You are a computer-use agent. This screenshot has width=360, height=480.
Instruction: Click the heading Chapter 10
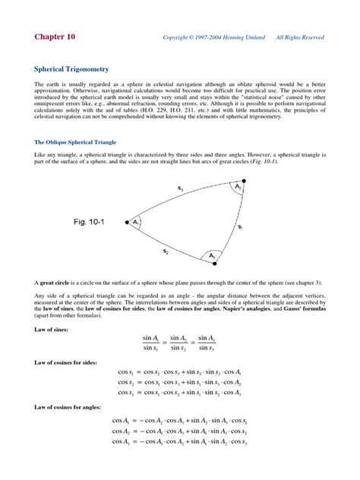(55, 36)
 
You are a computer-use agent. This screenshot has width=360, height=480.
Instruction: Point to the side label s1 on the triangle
(240, 226)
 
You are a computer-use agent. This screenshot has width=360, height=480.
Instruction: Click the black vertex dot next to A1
(126, 223)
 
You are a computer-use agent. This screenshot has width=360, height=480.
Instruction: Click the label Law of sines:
(54, 330)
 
